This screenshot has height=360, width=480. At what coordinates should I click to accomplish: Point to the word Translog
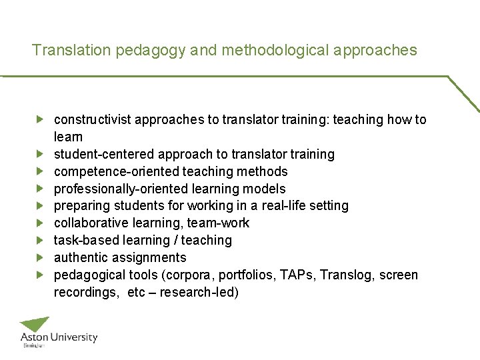click(x=347, y=275)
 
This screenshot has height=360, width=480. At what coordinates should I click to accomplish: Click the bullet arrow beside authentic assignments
click(x=40, y=257)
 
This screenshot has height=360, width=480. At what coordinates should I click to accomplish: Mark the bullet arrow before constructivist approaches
click(x=40, y=119)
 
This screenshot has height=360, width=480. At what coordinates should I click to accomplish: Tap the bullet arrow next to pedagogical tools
click(x=40, y=275)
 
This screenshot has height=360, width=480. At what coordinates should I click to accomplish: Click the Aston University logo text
click(x=59, y=338)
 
